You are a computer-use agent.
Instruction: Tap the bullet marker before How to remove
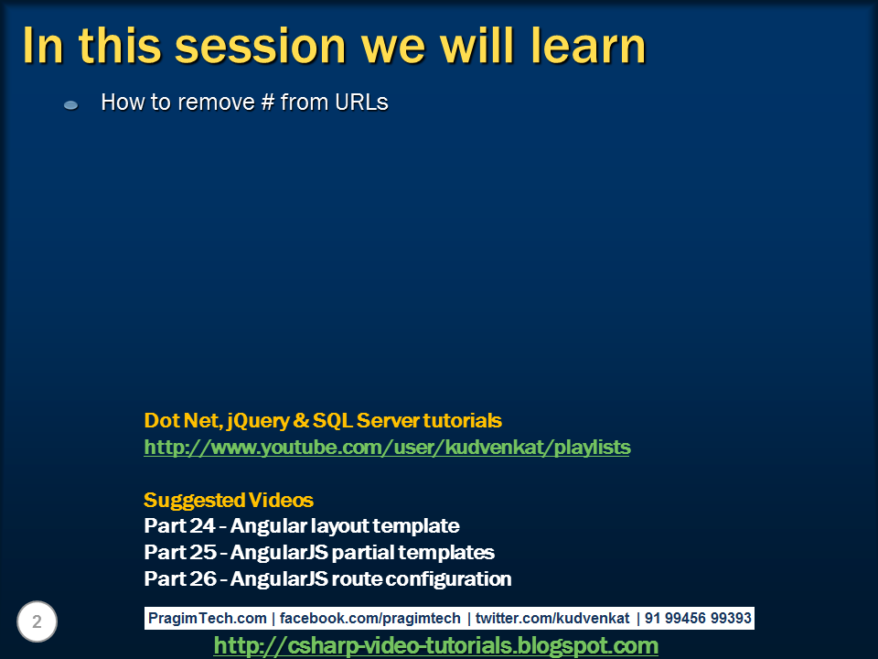coord(70,105)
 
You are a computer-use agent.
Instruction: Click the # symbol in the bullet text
coord(267,103)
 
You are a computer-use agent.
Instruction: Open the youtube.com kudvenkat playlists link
coord(387,448)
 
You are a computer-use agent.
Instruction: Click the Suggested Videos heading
coord(229,501)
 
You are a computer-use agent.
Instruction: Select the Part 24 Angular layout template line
coord(302,526)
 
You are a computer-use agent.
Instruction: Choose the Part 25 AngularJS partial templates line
coord(319,553)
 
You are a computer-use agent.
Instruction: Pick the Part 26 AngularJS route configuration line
coord(327,579)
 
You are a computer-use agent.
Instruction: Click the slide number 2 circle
coord(37,622)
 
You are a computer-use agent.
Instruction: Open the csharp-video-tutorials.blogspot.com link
coord(435,646)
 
